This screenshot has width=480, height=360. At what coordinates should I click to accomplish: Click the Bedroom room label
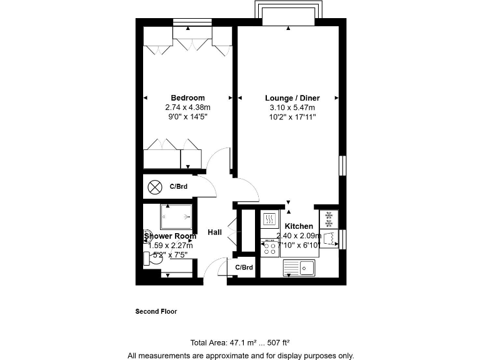(x=187, y=98)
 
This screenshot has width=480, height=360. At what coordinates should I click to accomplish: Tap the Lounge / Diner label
(x=288, y=98)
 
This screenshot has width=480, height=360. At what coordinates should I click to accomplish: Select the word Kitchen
(x=299, y=226)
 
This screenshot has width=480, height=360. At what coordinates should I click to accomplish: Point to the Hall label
(x=214, y=232)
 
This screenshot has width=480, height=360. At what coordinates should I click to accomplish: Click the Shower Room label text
(x=170, y=236)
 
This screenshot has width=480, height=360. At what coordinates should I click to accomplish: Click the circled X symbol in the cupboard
(x=154, y=186)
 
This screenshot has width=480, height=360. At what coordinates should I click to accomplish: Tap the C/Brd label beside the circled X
(x=179, y=186)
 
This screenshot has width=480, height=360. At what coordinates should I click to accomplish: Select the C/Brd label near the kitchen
(x=244, y=267)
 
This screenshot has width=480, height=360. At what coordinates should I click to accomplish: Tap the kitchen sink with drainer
(x=298, y=268)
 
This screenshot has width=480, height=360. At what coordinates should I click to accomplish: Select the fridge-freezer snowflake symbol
(x=329, y=219)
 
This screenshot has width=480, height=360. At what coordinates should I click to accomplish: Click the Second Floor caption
(x=156, y=311)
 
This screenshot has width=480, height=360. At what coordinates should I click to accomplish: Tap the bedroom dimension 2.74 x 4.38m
(x=187, y=107)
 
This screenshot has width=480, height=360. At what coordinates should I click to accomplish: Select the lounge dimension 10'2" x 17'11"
(x=288, y=116)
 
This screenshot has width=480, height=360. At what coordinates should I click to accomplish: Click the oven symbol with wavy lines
(x=269, y=219)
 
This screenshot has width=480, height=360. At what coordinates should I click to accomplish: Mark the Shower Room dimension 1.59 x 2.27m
(x=170, y=246)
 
